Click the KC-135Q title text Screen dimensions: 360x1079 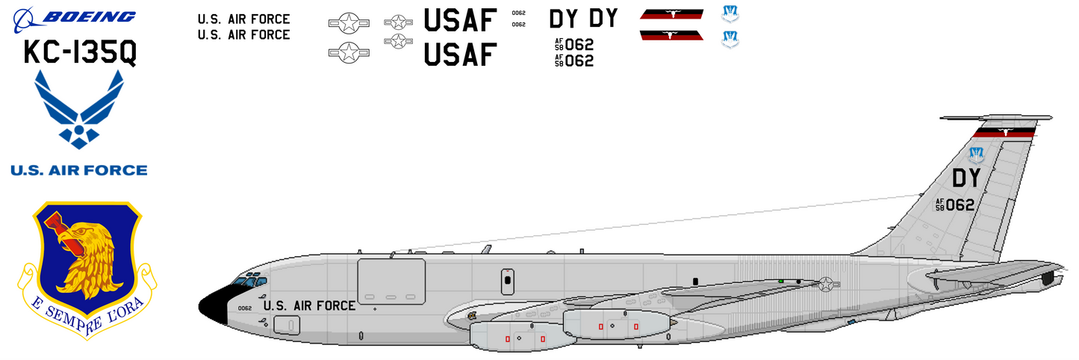coord(80,53)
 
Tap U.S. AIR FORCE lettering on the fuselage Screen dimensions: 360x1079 coord(310,305)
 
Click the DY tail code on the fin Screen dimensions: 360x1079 coord(965,179)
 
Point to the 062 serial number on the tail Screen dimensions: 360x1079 coord(960,205)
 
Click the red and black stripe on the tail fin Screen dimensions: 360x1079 coord(1004,133)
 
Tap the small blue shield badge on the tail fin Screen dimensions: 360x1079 coord(975,155)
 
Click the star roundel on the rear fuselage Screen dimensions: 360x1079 coord(826,284)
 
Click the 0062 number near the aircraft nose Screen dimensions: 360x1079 coord(244,308)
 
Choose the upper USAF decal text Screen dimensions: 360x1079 coord(460,20)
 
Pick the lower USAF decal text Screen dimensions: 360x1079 coord(460,54)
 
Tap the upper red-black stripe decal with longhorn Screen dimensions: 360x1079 coord(671,13)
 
